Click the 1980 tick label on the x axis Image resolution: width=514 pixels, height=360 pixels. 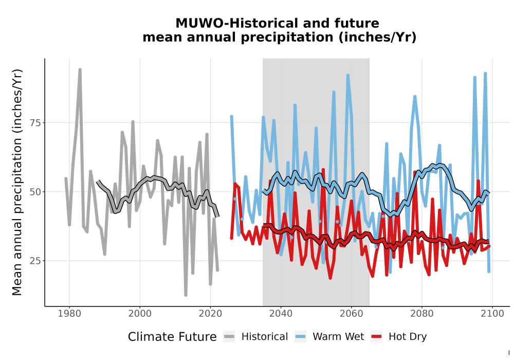coord(69,314)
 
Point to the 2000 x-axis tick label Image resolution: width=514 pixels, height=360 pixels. coord(140,314)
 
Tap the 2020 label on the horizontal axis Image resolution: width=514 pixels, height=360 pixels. coord(210,314)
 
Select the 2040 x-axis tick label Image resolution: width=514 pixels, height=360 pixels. coord(281,314)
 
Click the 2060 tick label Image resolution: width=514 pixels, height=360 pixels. coord(352,314)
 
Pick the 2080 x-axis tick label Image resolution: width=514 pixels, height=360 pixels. coord(422,314)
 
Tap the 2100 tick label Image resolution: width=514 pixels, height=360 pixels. coord(492,314)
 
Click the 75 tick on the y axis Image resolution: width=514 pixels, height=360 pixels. coord(35,123)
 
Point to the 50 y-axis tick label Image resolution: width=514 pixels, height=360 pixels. coord(35,192)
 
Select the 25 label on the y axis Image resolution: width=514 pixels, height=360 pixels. coord(35,261)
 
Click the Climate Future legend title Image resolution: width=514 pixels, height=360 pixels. coord(172,337)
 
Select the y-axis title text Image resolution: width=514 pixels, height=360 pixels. coord(17,182)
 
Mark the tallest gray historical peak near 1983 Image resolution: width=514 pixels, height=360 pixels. coord(80,70)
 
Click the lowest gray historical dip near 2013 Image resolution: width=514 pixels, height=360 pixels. coord(186,295)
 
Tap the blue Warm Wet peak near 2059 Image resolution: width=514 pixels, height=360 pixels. coord(348,76)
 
